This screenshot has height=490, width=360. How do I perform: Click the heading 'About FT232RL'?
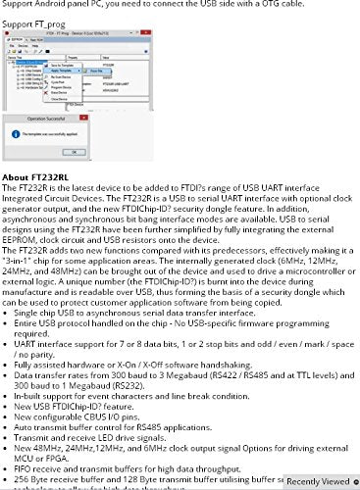pos(35,175)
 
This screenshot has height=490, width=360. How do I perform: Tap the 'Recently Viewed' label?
pos(316,481)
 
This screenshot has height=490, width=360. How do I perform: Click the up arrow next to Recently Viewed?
pos(353,481)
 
